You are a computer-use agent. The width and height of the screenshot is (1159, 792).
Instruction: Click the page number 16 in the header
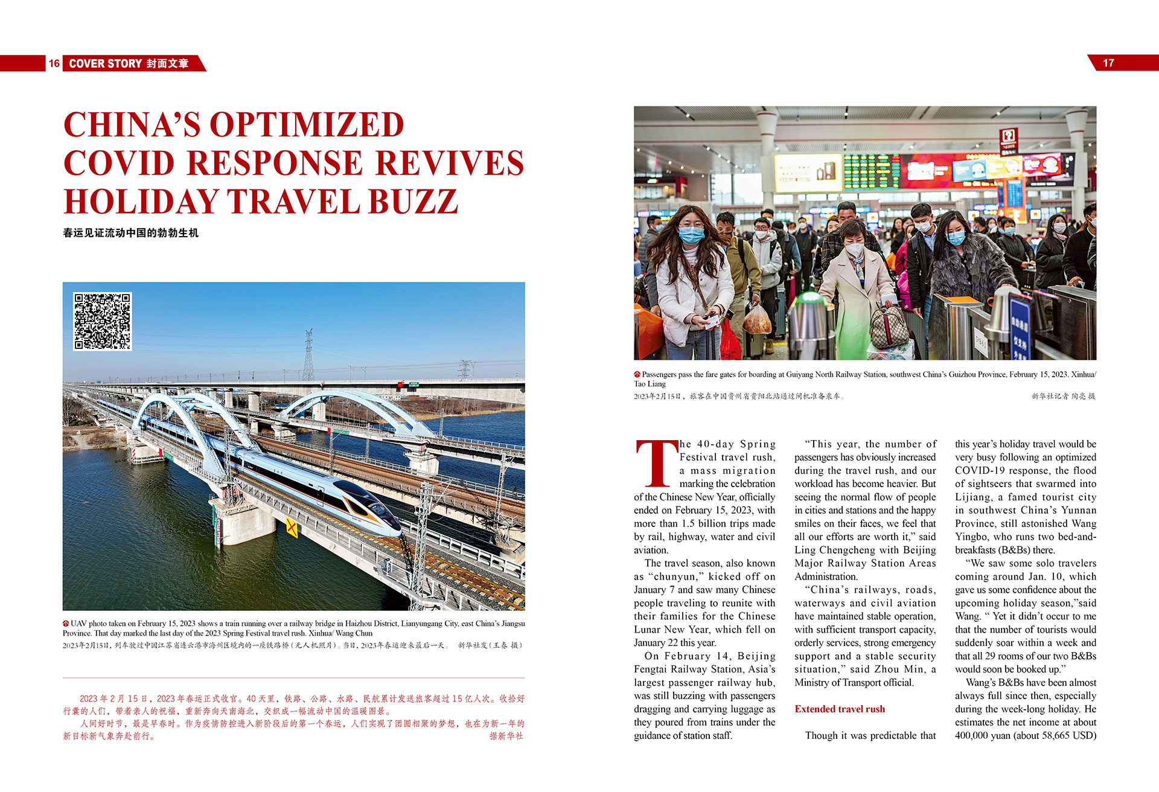tap(54, 63)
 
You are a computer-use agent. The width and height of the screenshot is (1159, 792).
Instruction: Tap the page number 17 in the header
tap(1108, 63)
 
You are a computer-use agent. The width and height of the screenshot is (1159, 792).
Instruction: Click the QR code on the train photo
tap(102, 321)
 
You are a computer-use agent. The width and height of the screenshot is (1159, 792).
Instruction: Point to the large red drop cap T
tap(656, 464)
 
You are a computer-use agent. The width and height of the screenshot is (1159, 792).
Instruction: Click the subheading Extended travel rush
tap(840, 709)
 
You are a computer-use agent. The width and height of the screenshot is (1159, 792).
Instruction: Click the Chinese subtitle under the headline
tap(130, 233)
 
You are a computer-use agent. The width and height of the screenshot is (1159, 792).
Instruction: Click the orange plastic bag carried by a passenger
tap(757, 319)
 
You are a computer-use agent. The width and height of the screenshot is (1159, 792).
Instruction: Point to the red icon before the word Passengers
tap(637, 374)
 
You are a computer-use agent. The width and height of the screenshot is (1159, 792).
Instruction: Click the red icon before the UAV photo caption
tap(66, 624)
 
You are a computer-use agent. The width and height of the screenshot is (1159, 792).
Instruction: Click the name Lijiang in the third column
tap(972, 497)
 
